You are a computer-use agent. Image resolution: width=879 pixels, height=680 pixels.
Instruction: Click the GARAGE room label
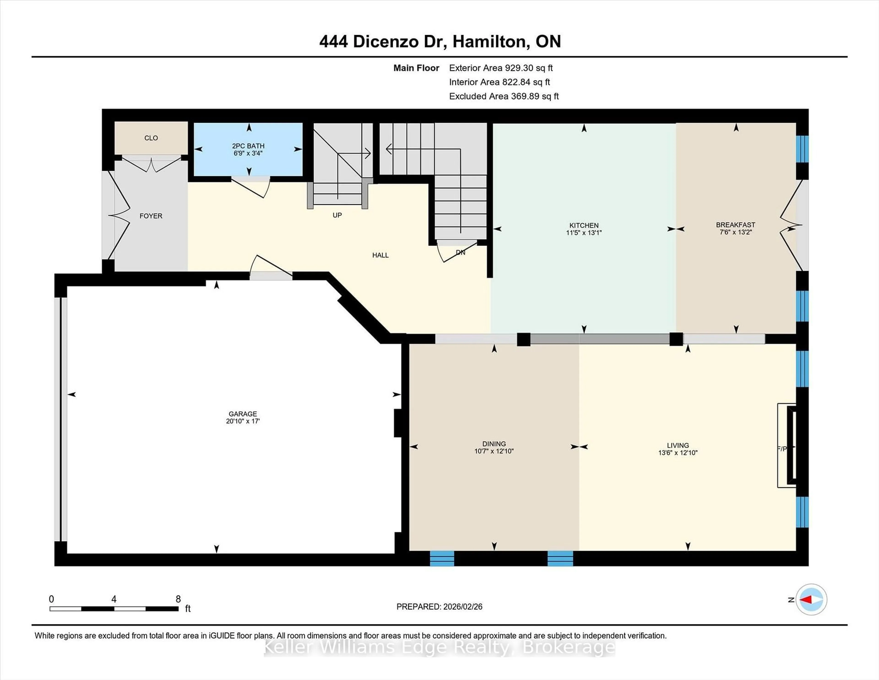tap(243, 414)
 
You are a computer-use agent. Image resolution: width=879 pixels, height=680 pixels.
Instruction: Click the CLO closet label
tap(151, 138)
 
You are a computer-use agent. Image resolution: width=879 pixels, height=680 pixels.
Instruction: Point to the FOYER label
tap(151, 216)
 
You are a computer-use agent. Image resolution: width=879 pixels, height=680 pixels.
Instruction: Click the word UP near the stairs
tap(337, 215)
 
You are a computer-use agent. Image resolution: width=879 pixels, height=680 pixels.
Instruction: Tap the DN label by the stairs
tap(460, 252)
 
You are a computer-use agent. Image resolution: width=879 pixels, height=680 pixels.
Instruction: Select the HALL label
tap(380, 255)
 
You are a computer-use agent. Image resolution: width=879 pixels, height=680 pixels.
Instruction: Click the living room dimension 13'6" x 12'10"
tap(678, 453)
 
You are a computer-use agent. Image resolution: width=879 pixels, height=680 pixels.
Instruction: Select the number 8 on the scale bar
tap(178, 599)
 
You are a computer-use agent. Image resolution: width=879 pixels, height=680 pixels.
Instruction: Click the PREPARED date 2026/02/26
tap(462, 607)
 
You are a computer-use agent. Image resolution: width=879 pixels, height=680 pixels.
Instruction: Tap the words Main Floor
tap(416, 68)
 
